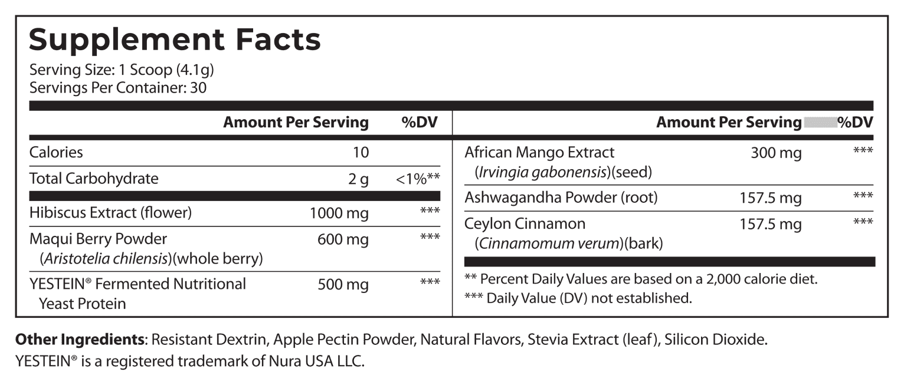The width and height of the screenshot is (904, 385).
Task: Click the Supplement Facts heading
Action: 175,40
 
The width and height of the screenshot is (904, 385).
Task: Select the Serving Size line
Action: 121,71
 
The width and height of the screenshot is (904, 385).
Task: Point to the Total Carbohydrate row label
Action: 94,179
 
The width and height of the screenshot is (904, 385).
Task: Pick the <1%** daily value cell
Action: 418,179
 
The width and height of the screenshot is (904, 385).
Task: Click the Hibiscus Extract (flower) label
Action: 110,212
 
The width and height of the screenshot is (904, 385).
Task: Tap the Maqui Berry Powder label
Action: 98,239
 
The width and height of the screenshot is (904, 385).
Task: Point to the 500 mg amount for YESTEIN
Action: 343,285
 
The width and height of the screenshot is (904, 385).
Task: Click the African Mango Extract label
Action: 539,153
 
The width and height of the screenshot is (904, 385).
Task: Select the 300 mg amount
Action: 776,153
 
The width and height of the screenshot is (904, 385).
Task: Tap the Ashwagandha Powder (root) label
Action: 561,198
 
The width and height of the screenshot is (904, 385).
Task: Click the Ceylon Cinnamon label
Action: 525,224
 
